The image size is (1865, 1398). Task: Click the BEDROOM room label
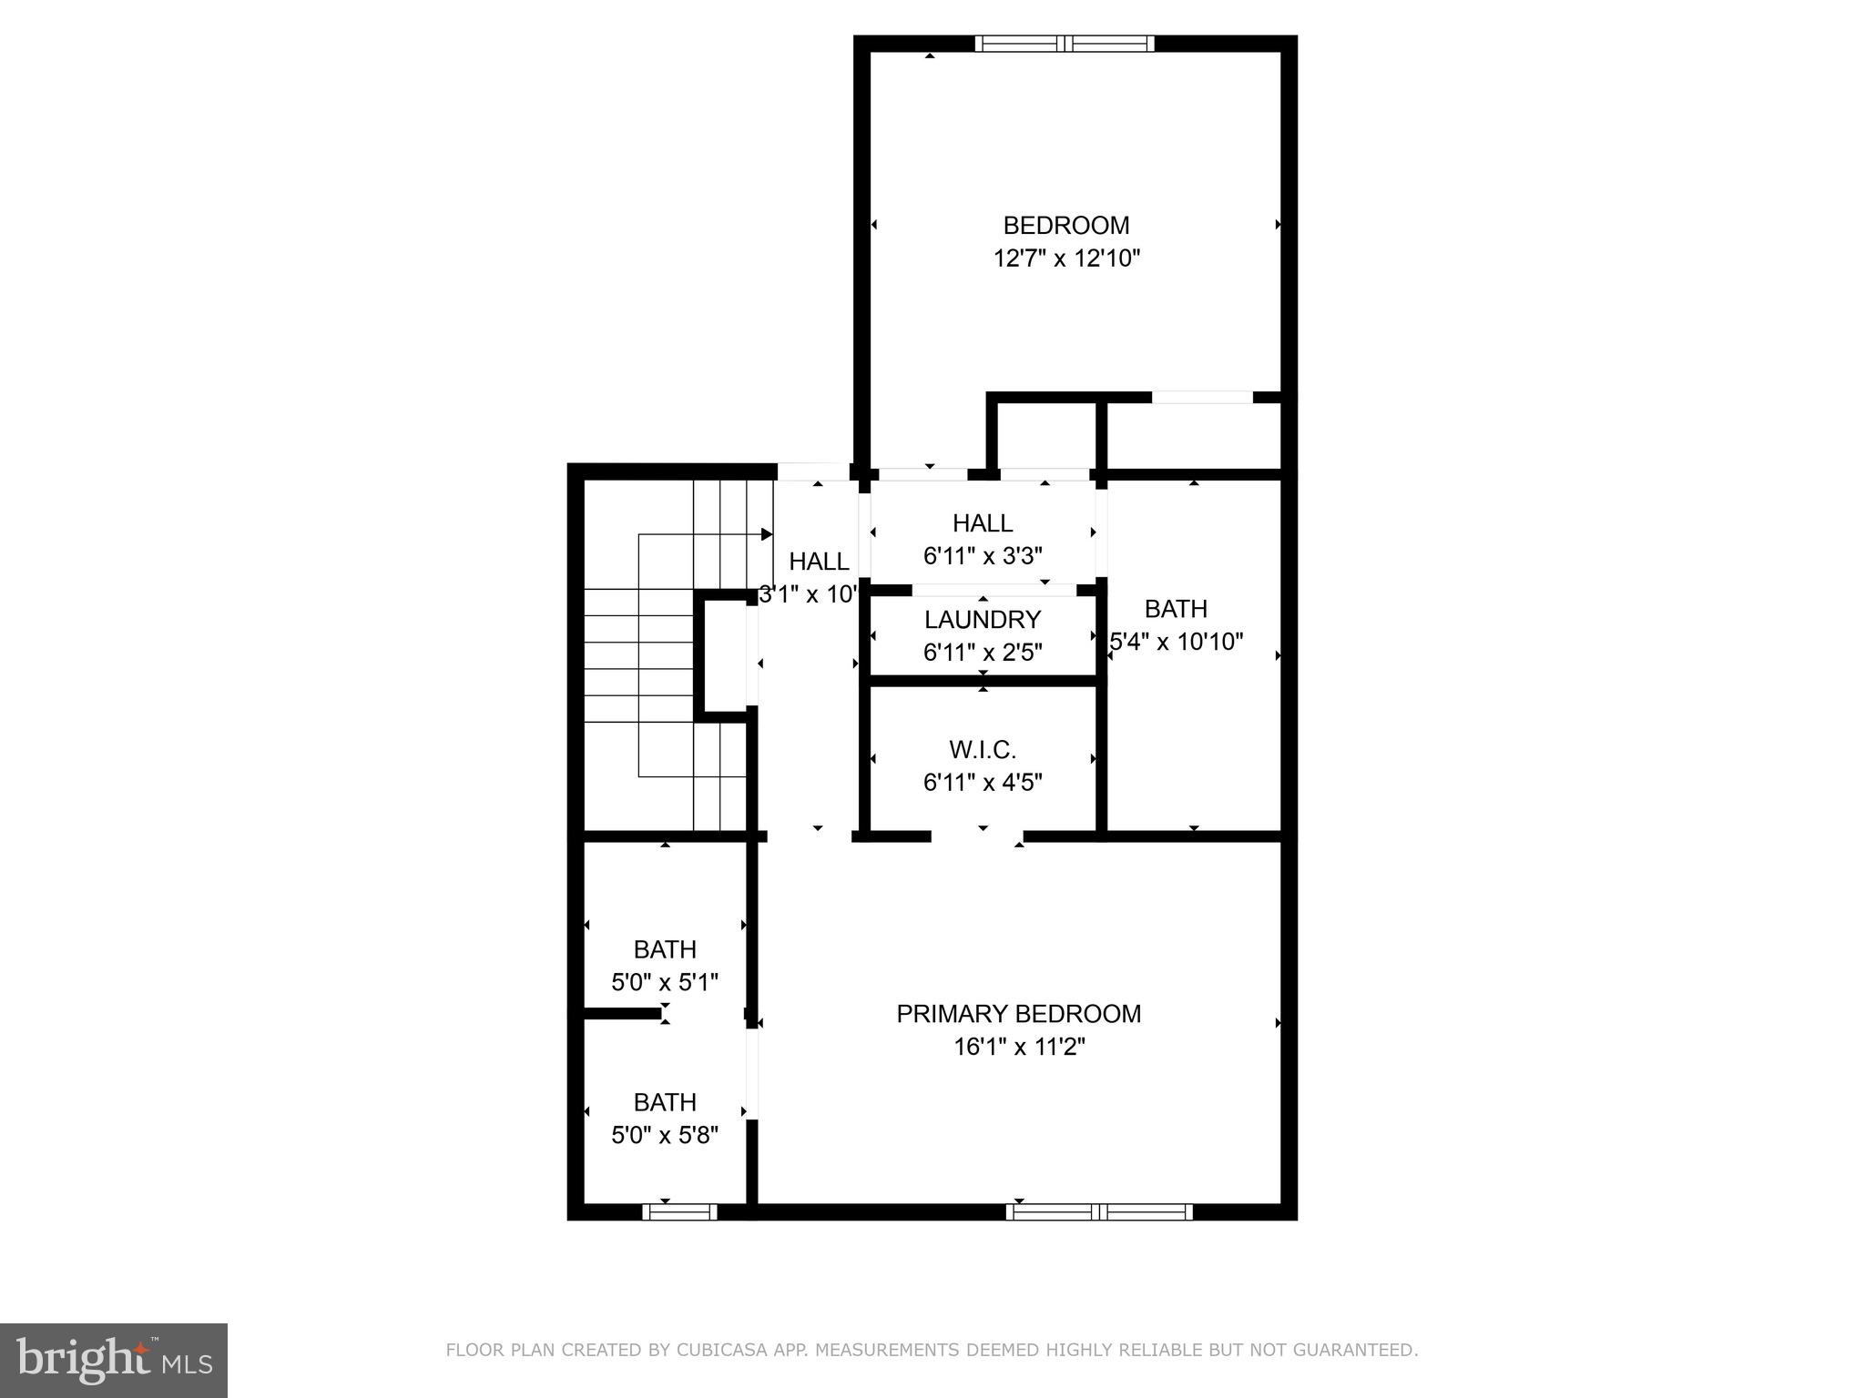point(1065,225)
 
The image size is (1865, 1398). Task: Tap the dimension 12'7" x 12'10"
point(1065,258)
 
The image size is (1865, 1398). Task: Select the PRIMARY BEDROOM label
point(1018,1013)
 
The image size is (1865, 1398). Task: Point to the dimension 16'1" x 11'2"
point(1018,1047)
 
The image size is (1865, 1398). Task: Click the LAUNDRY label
point(982,620)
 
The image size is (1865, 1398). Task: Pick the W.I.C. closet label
point(982,750)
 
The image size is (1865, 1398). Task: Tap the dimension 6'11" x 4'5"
point(982,783)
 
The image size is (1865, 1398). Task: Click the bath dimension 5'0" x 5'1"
point(665,982)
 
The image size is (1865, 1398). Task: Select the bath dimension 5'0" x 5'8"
point(665,1135)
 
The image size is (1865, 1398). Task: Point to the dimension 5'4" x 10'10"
point(1177,642)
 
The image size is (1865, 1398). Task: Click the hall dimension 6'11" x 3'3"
point(982,555)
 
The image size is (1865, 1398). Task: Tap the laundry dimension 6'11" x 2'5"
point(982,653)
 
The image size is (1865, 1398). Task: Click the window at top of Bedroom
point(1064,44)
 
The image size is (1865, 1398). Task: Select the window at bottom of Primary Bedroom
point(1098,1211)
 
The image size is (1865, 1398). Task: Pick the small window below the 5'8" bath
point(679,1211)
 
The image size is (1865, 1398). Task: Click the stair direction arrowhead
point(767,534)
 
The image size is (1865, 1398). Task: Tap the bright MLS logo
point(114,1361)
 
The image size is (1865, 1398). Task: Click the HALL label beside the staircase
point(819,562)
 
